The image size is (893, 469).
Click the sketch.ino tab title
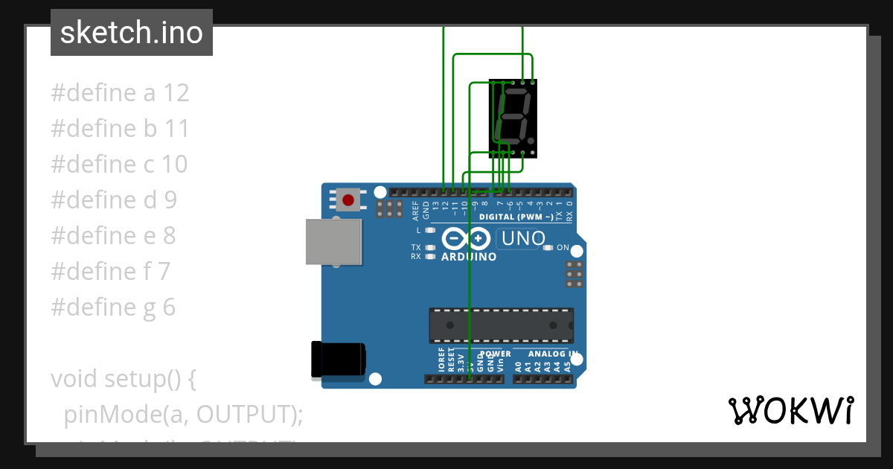coord(132,33)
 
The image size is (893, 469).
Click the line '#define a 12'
coord(120,93)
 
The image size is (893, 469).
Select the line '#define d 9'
coord(114,200)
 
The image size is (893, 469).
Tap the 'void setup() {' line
coord(124,379)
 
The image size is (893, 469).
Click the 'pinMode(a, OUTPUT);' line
coord(183,414)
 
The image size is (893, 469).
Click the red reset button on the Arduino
coord(348,200)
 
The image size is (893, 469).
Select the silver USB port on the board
coord(334,242)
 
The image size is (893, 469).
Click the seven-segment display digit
coord(513,117)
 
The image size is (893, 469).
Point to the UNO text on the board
coord(524,239)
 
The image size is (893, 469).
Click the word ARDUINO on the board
coord(469,257)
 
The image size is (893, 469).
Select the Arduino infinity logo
coord(465,239)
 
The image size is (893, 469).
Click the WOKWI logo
coord(790,410)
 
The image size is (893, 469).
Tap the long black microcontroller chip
coord(501,325)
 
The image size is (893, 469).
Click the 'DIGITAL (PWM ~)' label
coord(516,217)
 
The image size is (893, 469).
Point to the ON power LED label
coord(563,248)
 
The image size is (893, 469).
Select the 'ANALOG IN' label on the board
coord(551,354)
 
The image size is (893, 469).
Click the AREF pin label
coord(416,211)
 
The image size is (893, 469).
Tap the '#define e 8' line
coord(113,236)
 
